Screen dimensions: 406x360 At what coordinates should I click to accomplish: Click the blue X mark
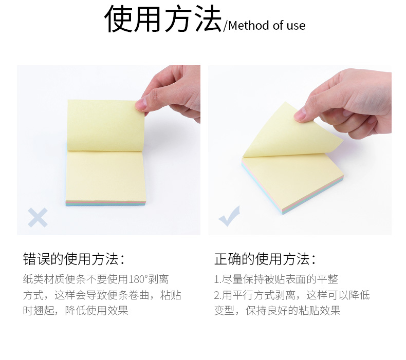(x=38, y=217)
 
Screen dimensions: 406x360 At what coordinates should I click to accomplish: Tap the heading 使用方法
(x=163, y=18)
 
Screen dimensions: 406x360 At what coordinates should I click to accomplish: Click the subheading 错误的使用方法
(x=71, y=259)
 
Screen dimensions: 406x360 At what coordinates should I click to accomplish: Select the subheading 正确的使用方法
(x=262, y=259)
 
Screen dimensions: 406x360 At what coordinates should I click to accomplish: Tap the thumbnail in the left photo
(x=140, y=105)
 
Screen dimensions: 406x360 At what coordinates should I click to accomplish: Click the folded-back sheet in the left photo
(x=106, y=125)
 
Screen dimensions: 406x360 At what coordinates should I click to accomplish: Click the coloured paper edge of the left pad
(x=105, y=203)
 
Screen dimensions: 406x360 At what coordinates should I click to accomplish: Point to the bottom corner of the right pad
(x=282, y=214)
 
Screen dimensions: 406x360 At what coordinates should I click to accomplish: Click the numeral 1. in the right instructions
(x=217, y=279)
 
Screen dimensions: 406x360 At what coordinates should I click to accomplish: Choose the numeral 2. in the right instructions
(x=218, y=295)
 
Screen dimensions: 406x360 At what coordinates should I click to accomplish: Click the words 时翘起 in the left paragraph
(x=39, y=311)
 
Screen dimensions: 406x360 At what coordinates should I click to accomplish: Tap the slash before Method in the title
(x=225, y=26)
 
